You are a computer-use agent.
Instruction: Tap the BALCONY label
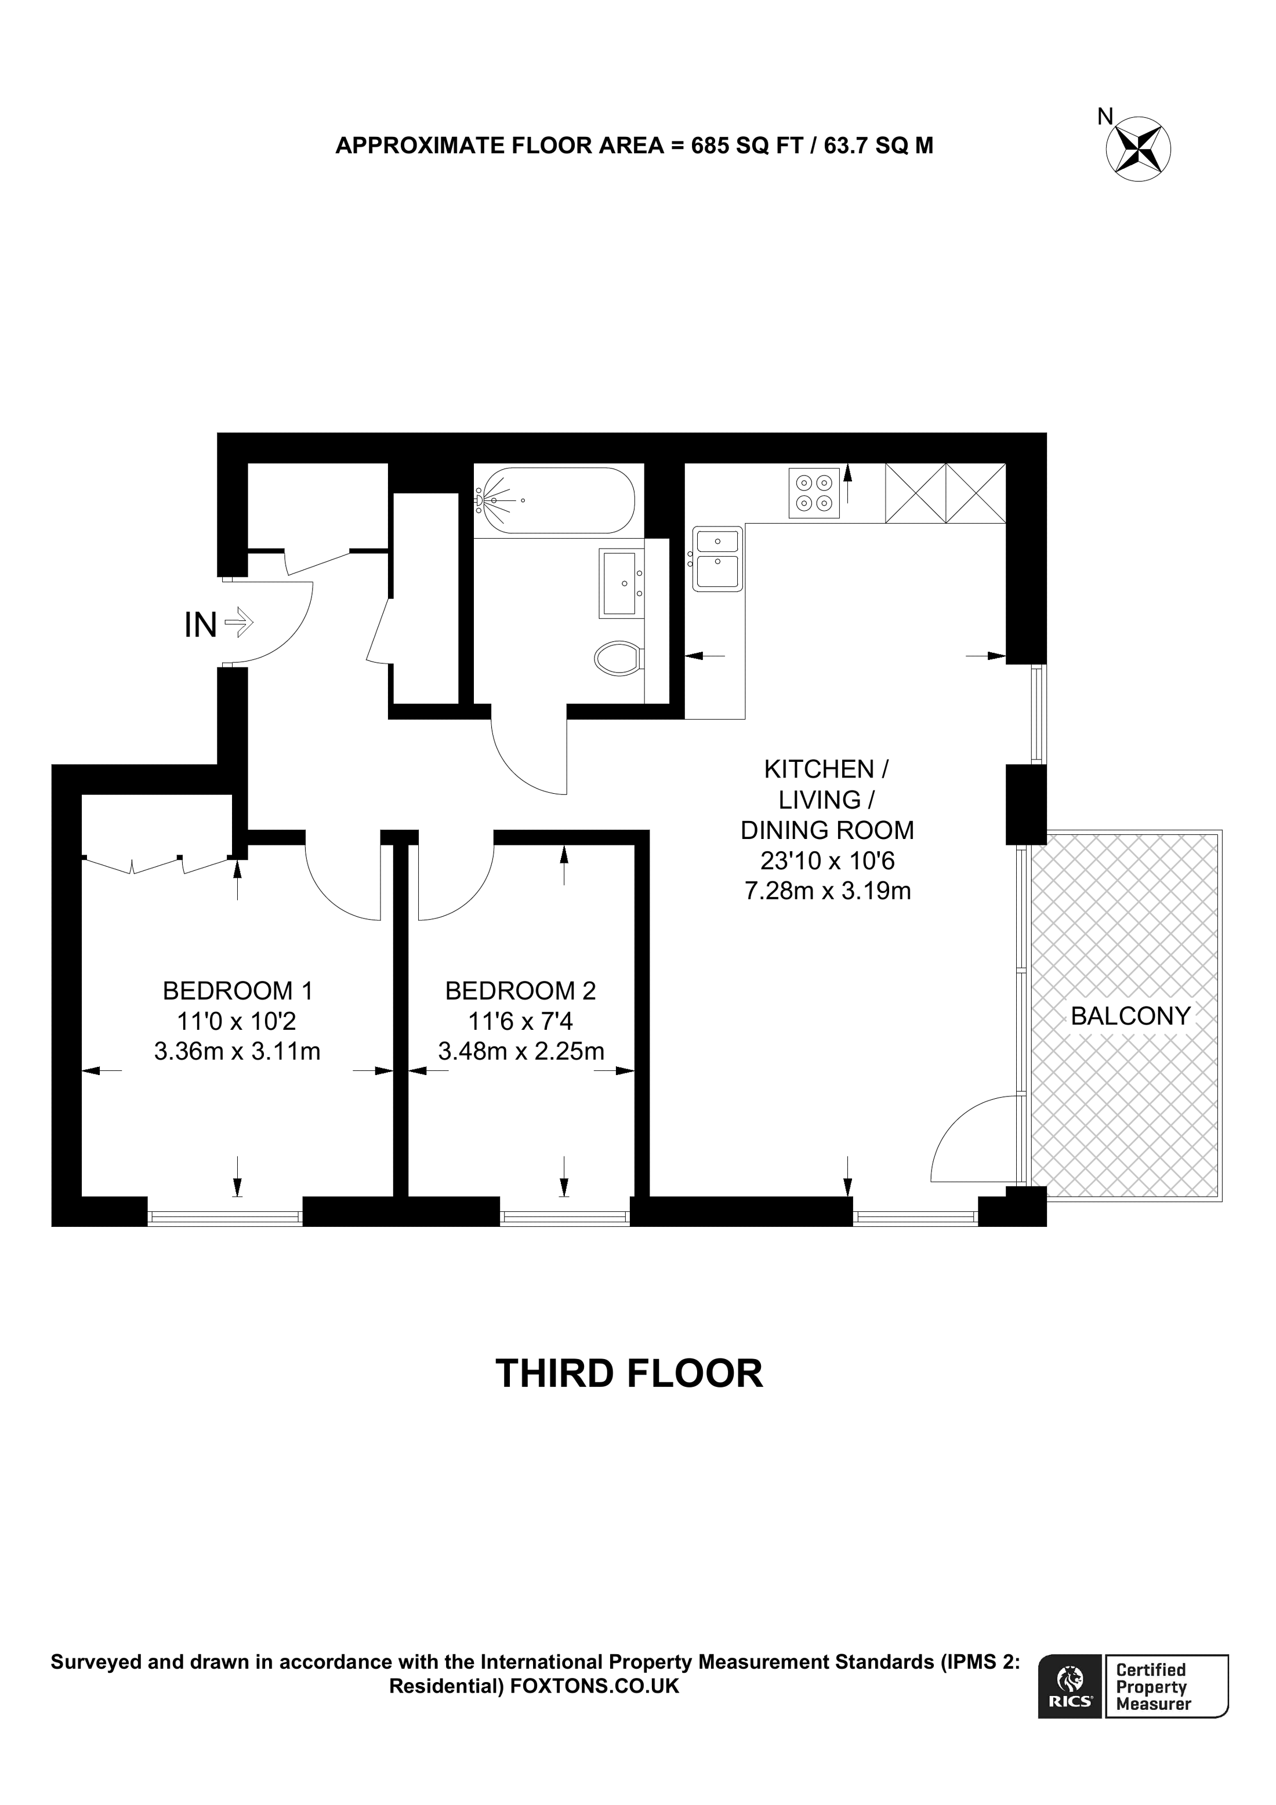point(1130,1016)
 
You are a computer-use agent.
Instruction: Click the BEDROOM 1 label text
point(237,990)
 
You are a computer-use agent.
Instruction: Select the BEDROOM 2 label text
point(520,990)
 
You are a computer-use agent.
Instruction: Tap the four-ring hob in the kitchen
point(814,492)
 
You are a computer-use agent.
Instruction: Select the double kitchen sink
point(717,559)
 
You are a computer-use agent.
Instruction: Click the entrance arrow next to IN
point(239,623)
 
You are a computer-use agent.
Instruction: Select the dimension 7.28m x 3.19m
point(827,892)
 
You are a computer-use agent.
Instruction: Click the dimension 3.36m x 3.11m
point(237,1051)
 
